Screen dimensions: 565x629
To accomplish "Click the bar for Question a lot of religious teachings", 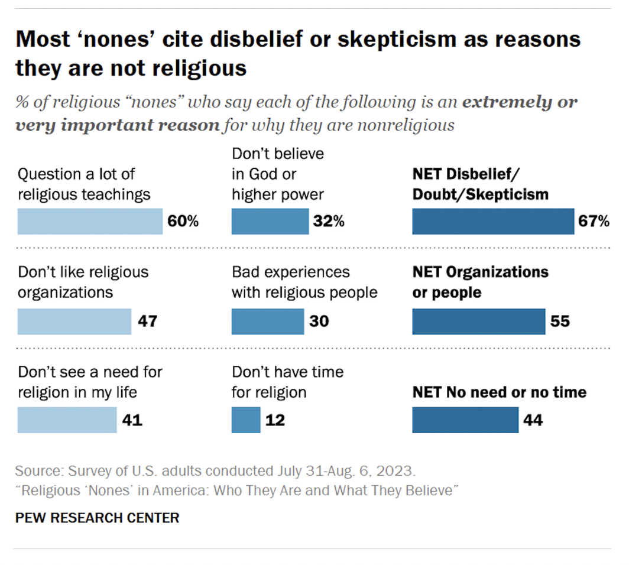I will point(90,222).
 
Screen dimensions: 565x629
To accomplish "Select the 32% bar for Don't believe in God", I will point(270,222).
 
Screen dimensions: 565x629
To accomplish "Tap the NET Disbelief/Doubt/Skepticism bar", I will point(492,222).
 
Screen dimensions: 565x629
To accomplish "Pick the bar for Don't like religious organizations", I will point(74,322).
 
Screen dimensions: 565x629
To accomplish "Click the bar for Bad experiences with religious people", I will point(267,322).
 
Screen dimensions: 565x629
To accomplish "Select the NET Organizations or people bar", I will point(478,322).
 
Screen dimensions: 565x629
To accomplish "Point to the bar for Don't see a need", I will point(67,420).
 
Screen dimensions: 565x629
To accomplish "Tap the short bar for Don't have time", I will point(245,420).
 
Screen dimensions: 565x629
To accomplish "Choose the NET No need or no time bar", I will point(465,420).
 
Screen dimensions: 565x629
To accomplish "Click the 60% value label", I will point(183,222).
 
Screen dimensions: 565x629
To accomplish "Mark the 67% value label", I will point(594,222).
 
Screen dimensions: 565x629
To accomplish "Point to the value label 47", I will point(147,322).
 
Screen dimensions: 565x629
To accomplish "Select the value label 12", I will point(275,420).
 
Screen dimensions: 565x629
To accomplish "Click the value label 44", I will point(533,420).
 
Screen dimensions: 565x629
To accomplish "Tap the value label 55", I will point(559,322).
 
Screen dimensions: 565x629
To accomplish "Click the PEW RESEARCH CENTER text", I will point(97,518).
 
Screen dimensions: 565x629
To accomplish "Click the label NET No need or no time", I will point(500,392).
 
